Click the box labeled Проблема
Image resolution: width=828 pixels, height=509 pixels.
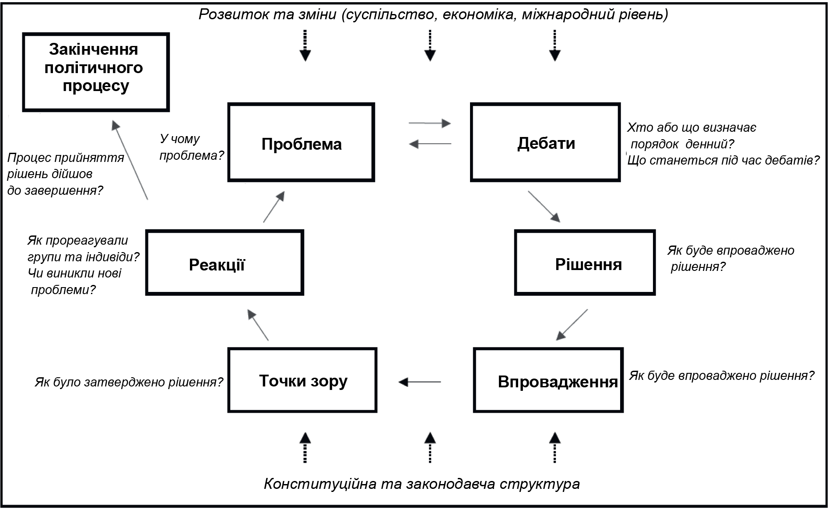click(301, 142)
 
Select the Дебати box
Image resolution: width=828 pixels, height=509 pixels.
click(545, 142)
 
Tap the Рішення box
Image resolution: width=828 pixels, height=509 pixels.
click(585, 263)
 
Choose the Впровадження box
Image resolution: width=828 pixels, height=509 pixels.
click(548, 380)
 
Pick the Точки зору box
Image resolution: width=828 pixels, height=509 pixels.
click(302, 380)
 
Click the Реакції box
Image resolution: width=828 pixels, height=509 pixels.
click(225, 263)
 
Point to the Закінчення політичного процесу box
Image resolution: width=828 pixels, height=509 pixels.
click(96, 72)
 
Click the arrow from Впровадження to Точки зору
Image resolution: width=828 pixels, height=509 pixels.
click(420, 382)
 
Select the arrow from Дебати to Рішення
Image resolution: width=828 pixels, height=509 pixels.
click(544, 207)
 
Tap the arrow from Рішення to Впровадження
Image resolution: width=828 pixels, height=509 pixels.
click(572, 325)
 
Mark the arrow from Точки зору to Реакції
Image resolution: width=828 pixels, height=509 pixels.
click(258, 325)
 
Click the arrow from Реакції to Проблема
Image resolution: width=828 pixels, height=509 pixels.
click(274, 207)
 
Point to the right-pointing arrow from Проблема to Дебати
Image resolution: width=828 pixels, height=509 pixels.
click(429, 123)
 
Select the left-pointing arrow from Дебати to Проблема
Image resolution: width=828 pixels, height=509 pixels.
click(430, 144)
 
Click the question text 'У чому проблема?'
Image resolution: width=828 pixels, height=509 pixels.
click(191, 147)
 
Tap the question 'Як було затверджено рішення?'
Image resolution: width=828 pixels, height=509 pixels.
click(129, 382)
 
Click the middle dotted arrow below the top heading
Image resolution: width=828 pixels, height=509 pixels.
click(430, 45)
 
